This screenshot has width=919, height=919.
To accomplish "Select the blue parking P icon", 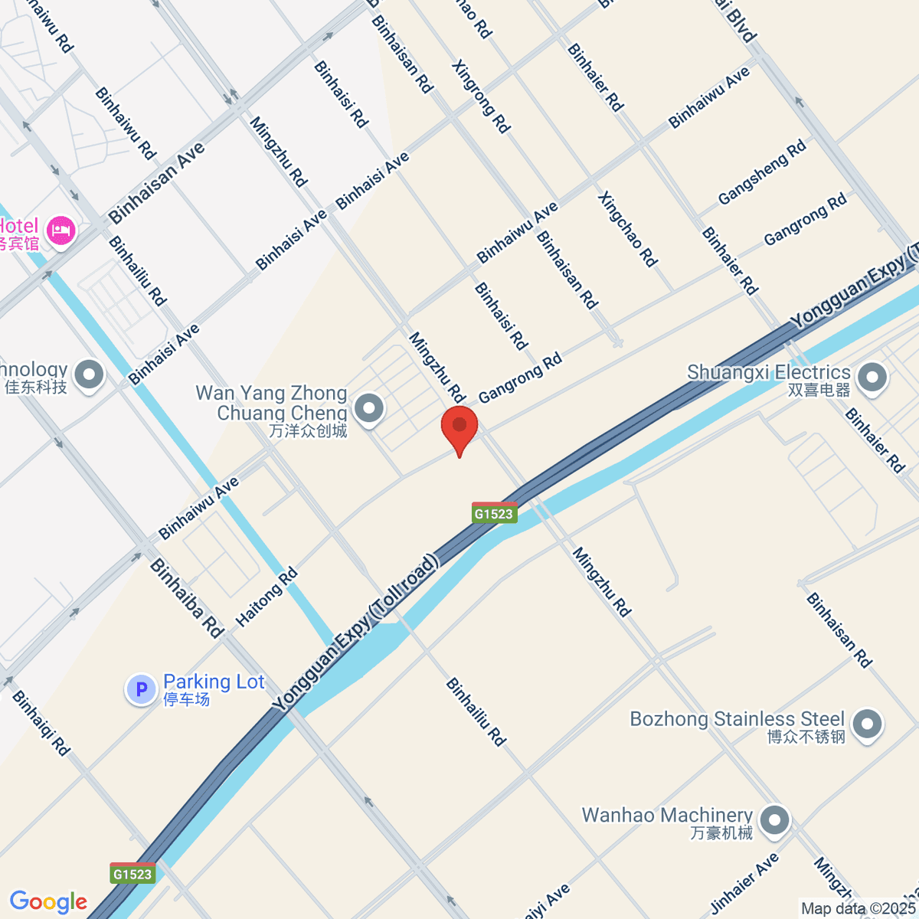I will [x=141, y=689].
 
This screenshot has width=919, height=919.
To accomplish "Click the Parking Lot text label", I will [x=214, y=682].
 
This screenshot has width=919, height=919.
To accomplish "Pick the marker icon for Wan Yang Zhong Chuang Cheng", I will [x=370, y=408].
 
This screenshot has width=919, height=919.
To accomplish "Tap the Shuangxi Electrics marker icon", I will [x=872, y=377].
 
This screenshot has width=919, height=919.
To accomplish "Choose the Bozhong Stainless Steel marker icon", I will [x=868, y=724].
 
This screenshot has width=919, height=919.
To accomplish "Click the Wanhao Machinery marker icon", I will [x=775, y=820].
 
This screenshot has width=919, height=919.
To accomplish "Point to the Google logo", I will [x=48, y=901].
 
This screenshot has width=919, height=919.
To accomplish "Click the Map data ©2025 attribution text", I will [x=858, y=908].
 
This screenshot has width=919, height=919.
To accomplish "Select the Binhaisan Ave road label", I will [x=157, y=183].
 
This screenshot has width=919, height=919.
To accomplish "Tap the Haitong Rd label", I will [x=267, y=598].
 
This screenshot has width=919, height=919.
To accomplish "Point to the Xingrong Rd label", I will [x=481, y=96].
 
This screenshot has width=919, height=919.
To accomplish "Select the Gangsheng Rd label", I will [x=762, y=172].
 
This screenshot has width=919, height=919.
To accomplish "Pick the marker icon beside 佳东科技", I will [x=90, y=375].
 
